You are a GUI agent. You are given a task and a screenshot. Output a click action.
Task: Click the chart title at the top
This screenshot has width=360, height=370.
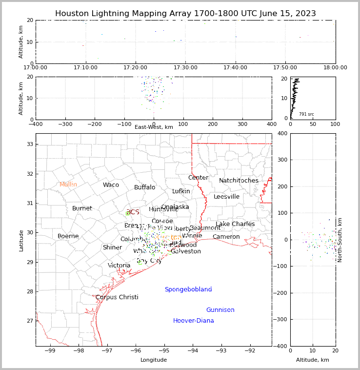[x=185, y=14]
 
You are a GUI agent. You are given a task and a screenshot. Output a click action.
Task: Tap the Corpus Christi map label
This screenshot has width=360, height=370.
[x=117, y=297]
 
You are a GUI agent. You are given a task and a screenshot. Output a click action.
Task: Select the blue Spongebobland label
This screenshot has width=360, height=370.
[x=188, y=289]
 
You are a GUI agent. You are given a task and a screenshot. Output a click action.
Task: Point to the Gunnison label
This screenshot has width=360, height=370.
[x=220, y=310]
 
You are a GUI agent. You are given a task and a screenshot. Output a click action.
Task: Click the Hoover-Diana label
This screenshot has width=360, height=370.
[x=193, y=321]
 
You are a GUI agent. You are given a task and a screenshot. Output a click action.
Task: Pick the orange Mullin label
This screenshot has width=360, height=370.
[x=68, y=185]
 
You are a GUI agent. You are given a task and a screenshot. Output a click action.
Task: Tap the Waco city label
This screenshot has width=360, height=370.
[x=111, y=185]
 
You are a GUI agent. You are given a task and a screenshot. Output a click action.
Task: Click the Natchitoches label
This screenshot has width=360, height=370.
[x=239, y=181]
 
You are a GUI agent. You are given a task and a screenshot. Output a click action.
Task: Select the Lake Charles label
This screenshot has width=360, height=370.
[x=235, y=224]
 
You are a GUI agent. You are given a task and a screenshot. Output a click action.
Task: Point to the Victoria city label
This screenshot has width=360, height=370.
[x=119, y=266]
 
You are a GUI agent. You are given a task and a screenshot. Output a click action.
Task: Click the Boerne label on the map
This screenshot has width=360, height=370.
[x=68, y=236]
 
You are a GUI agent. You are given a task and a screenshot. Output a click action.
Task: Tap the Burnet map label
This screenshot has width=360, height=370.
[x=82, y=208]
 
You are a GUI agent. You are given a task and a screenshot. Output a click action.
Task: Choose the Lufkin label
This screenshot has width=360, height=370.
[x=181, y=191]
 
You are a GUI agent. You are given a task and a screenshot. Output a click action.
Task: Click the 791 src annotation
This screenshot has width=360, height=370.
[x=306, y=114]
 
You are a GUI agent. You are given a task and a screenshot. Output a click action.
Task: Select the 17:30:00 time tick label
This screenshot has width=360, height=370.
[x=185, y=67]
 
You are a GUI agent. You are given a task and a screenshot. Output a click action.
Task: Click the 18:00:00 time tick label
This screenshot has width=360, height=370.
[x=335, y=67]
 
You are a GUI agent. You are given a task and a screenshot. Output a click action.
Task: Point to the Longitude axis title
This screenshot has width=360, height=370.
[x=154, y=360]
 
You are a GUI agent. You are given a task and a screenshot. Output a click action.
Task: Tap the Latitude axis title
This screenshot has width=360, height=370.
[x=21, y=240]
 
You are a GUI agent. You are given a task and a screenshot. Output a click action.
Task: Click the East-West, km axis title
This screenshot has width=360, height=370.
[x=154, y=127]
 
